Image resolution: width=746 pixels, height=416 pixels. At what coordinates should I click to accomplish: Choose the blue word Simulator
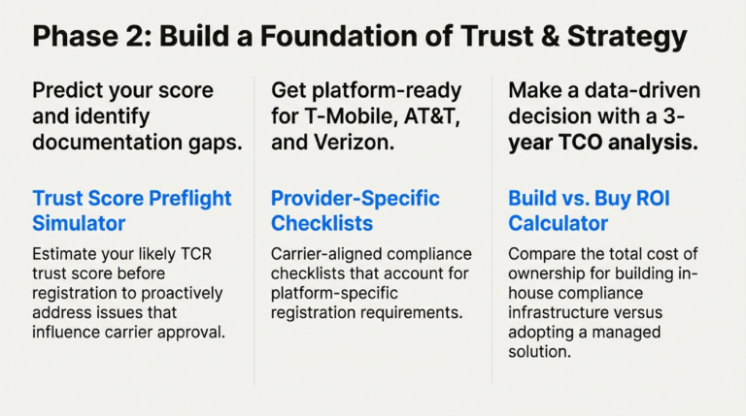tap(79, 223)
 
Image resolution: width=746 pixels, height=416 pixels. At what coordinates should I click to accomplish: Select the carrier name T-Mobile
tap(349, 116)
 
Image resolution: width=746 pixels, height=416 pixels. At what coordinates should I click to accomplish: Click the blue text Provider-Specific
tap(355, 198)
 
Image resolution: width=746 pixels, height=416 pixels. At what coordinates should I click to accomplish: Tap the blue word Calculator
tap(558, 223)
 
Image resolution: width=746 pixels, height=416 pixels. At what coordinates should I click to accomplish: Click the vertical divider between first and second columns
tap(254, 233)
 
